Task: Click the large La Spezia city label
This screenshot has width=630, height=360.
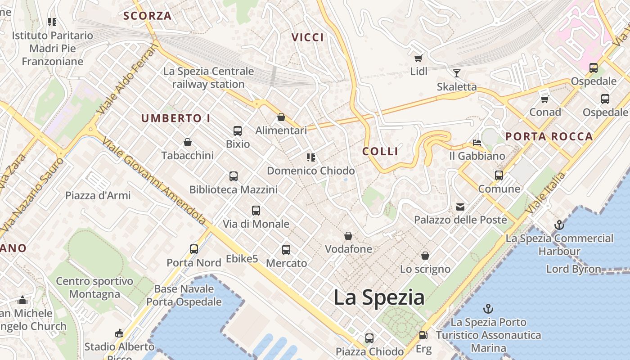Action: pyautogui.click(x=379, y=298)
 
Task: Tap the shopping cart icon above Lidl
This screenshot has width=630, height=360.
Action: pyautogui.click(x=418, y=58)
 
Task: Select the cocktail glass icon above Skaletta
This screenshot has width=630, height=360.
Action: pyautogui.click(x=457, y=73)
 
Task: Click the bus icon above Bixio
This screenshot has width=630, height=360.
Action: pyautogui.click(x=238, y=131)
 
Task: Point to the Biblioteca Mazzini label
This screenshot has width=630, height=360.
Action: pyautogui.click(x=233, y=189)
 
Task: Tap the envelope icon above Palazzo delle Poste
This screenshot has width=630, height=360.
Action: pyautogui.click(x=460, y=207)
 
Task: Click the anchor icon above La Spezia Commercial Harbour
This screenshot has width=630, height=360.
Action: pyautogui.click(x=559, y=225)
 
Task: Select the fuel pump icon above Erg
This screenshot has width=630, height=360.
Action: pyautogui.click(x=423, y=335)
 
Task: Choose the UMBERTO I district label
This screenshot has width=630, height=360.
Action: pyautogui.click(x=175, y=118)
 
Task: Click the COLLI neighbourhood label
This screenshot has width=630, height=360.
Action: pyautogui.click(x=380, y=151)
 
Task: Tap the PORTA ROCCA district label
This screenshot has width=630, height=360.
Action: pyautogui.click(x=549, y=137)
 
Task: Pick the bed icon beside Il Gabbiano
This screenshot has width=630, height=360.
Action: pyautogui.click(x=477, y=143)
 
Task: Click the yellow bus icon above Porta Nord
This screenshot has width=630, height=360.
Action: pyautogui.click(x=194, y=249)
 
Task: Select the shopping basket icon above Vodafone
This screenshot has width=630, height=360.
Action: pyautogui.click(x=348, y=236)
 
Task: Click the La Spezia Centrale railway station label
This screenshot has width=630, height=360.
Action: pyautogui.click(x=208, y=77)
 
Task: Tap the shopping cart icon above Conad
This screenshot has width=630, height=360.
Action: pyautogui.click(x=545, y=99)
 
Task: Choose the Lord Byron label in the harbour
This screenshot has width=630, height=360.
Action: pyautogui.click(x=573, y=269)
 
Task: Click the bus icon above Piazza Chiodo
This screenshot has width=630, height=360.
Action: pyautogui.click(x=369, y=338)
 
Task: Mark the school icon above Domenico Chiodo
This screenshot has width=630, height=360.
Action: pyautogui.click(x=310, y=157)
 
